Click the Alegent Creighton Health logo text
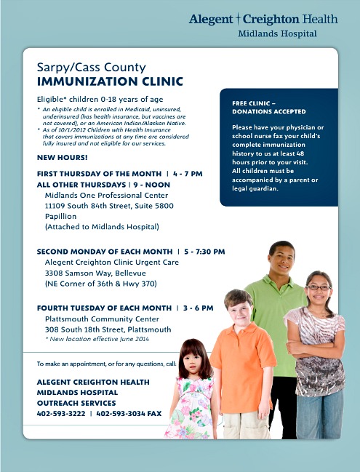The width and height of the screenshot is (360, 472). (x=264, y=19)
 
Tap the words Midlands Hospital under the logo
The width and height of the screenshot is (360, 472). (x=277, y=34)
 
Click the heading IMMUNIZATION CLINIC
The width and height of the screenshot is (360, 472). (x=110, y=81)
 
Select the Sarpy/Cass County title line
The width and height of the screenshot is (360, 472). (x=91, y=67)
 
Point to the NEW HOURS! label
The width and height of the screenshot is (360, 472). (x=62, y=157)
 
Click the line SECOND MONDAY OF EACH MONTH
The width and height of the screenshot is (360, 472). (x=105, y=252)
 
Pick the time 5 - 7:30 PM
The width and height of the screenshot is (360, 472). (x=201, y=252)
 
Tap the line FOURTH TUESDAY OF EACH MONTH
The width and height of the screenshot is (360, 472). (x=105, y=308)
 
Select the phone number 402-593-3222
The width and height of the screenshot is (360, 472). (x=60, y=413)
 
